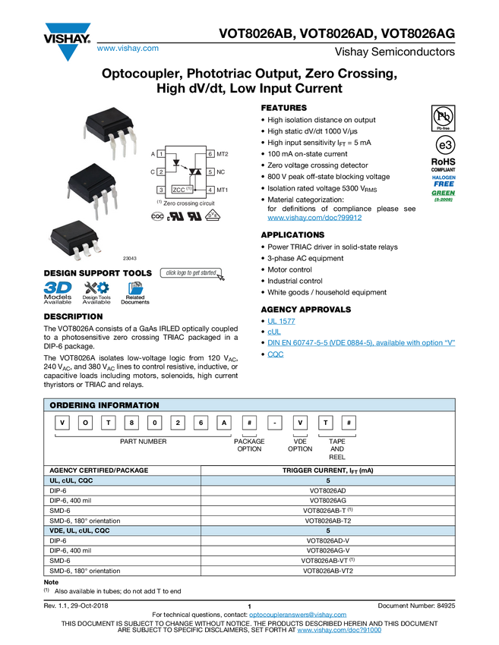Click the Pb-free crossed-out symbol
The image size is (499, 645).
click(442, 116)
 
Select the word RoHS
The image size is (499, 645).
click(443, 162)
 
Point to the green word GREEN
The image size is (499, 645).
click(443, 193)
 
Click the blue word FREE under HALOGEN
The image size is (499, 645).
click(443, 184)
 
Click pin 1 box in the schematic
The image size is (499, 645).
click(161, 154)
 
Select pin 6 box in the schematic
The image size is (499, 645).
click(210, 154)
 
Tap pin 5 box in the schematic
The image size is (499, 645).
click(210, 172)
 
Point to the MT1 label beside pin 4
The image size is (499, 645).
click(223, 190)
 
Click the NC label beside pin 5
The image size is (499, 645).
click(220, 172)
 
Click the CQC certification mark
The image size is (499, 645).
click(158, 216)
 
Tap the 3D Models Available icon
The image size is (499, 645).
click(58, 293)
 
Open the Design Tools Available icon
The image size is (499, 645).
click(96, 293)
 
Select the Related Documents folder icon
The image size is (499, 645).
click(135, 293)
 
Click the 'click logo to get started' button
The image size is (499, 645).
click(192, 273)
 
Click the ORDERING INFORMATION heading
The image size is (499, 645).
click(104, 405)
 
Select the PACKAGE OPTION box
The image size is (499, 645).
click(249, 445)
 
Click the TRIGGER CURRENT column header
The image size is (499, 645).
click(328, 470)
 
